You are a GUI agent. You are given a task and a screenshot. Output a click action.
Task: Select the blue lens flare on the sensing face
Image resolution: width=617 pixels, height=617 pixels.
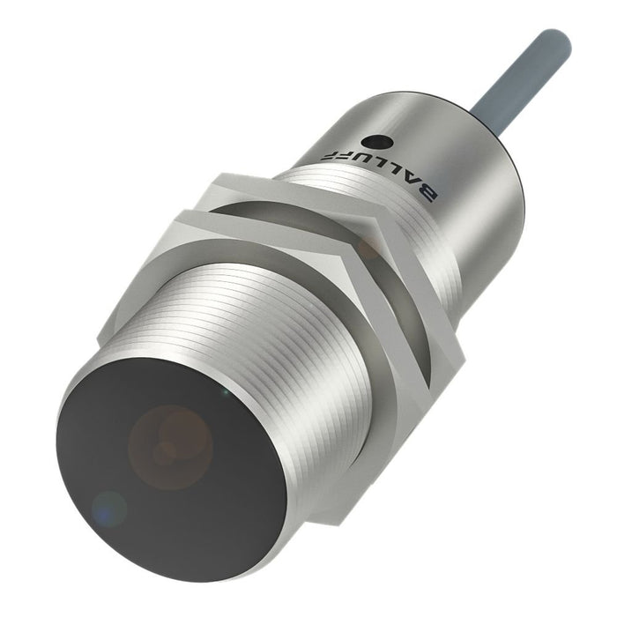coord(109,509)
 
